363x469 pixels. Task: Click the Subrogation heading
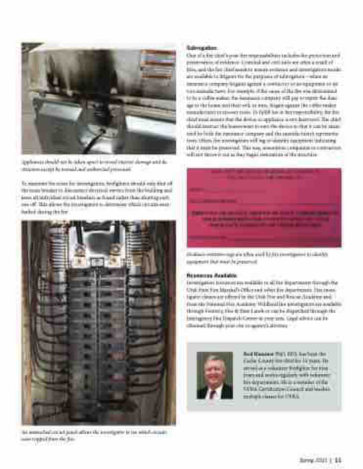[x=202, y=48]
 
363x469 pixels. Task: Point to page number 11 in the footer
[x=338, y=459]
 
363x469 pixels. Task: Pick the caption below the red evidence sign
[x=257, y=256]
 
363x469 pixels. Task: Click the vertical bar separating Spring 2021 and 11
[x=330, y=459]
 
